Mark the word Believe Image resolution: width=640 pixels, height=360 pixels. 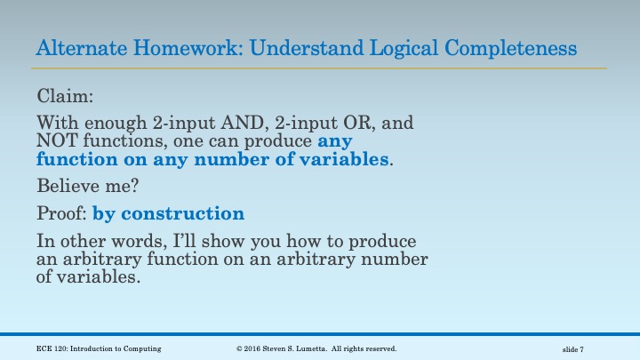pyautogui.click(x=67, y=187)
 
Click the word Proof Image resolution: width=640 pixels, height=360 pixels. pyautogui.click(x=60, y=214)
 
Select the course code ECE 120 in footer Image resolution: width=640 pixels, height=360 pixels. pyautogui.click(x=53, y=348)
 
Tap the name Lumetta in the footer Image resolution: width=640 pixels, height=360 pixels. pyautogui.click(x=316, y=348)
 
